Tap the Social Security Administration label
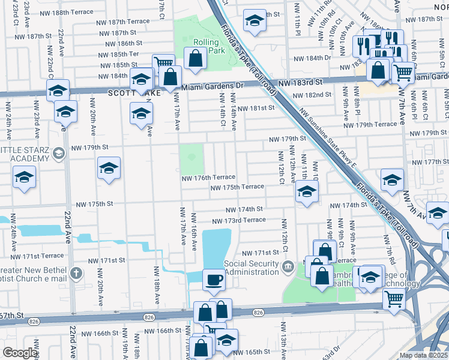pos(252,268)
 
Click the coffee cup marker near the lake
pos(213,280)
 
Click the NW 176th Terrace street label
pos(208,178)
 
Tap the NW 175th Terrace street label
pos(237,187)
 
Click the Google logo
pos(20,353)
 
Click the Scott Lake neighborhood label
pos(126,93)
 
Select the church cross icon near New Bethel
pos(75,274)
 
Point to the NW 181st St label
pos(255,108)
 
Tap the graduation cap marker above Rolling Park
pos(255,22)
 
